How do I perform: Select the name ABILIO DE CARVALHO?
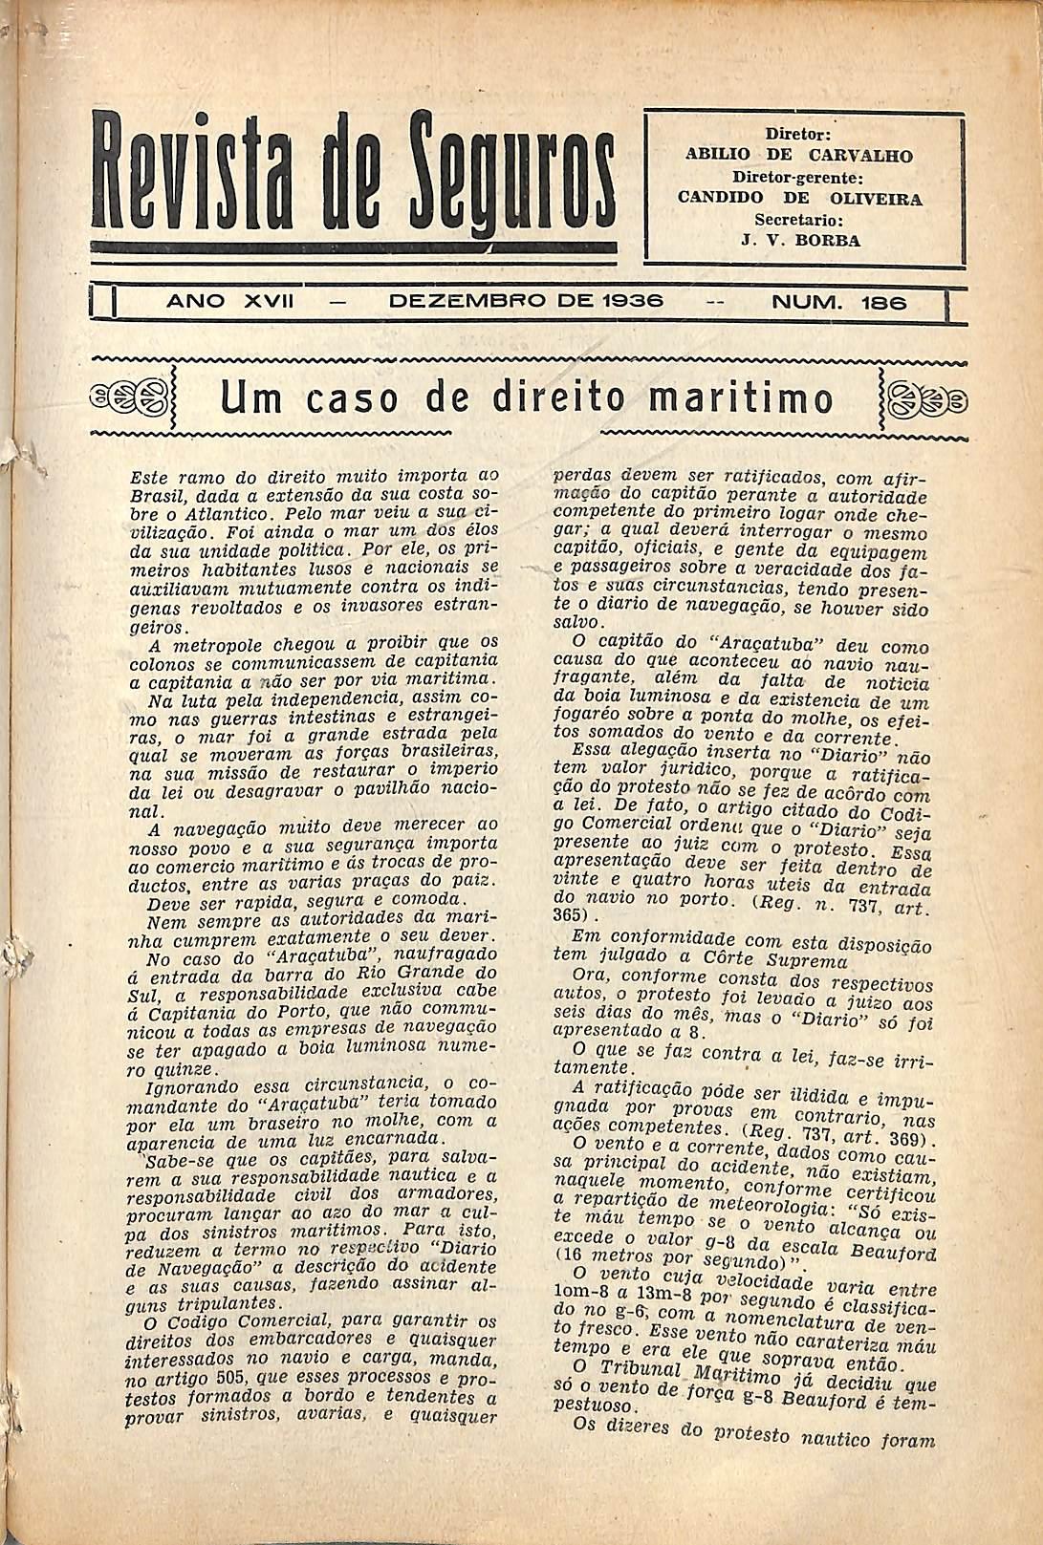coord(799,155)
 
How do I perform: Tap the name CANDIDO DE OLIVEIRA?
coord(799,199)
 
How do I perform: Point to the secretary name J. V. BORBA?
coord(800,241)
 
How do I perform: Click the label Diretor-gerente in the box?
coord(798,177)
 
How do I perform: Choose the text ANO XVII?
coord(229,303)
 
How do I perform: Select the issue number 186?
coord(884,303)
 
